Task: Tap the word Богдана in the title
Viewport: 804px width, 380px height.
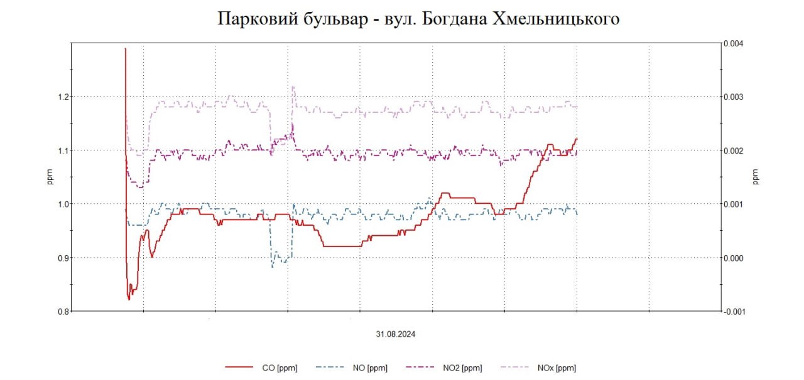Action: coord(457,19)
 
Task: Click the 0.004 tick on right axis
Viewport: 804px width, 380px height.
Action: coord(734,43)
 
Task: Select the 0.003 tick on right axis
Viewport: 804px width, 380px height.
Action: coord(734,97)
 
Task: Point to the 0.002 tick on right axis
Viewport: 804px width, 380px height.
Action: coord(734,150)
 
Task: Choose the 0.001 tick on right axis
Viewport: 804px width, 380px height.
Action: coord(734,204)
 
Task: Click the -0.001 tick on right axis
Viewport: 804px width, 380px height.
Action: coord(732,311)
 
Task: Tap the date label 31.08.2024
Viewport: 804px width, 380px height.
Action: coord(396,334)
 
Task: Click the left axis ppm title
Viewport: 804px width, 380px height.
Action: coord(50,177)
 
